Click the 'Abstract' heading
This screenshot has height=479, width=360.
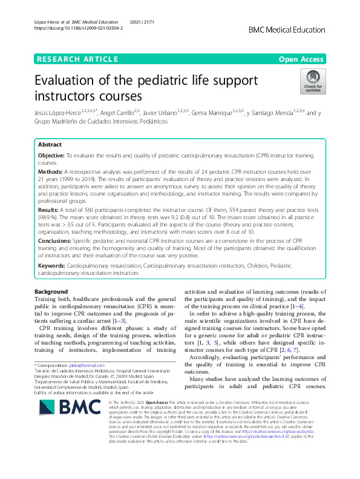pos(50,145)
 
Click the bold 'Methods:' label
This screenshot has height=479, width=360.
pos(50,173)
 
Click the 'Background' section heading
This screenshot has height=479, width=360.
pos(51,292)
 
